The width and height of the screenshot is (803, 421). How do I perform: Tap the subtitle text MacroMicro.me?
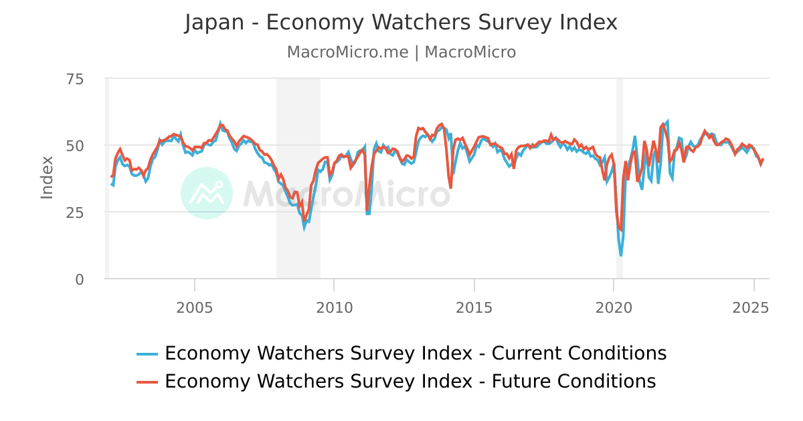(347, 52)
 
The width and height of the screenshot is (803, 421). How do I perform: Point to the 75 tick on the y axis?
(75, 80)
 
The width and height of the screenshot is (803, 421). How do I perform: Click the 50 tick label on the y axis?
(75, 146)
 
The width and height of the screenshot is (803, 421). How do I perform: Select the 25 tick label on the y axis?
(75, 213)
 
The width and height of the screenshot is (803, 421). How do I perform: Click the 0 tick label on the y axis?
(79, 279)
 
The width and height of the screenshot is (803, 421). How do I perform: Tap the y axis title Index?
(47, 177)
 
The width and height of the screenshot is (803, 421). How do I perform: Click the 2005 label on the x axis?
(194, 308)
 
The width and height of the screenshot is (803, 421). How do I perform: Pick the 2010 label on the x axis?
(334, 308)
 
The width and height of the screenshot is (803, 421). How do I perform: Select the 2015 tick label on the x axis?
(474, 308)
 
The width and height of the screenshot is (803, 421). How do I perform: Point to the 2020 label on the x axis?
(614, 308)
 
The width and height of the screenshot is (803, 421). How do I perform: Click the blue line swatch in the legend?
(147, 354)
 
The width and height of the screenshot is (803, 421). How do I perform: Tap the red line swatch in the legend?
(147, 382)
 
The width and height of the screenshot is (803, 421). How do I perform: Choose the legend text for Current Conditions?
(415, 354)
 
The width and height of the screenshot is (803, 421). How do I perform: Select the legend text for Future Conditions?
(410, 382)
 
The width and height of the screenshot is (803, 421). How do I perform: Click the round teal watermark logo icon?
(207, 193)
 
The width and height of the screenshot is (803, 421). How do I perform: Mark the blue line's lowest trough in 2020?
(621, 255)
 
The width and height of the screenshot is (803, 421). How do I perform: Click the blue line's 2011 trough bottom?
(368, 214)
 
